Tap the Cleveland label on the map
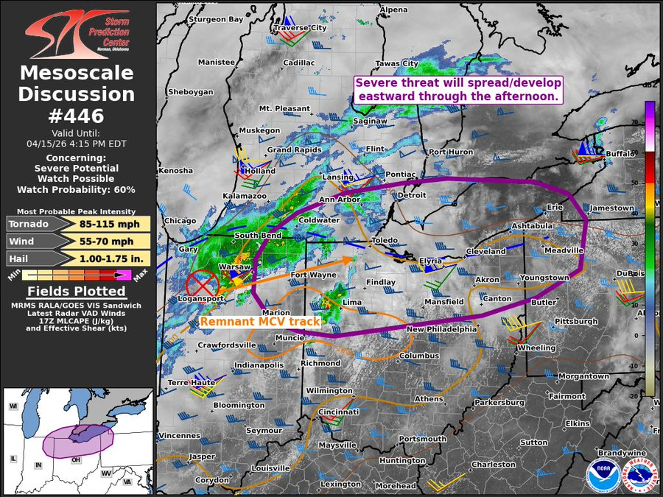click(485, 251)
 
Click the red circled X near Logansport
click(201, 283)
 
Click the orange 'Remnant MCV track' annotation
click(260, 322)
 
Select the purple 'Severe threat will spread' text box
click(458, 89)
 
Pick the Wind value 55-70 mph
click(113, 242)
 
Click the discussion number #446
click(77, 116)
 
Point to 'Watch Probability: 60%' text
click(77, 189)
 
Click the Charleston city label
click(493, 465)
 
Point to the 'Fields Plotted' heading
click(77, 292)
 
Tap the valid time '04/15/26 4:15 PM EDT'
click(77, 144)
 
